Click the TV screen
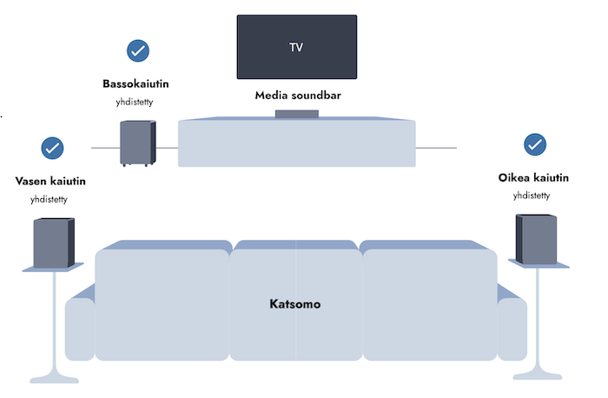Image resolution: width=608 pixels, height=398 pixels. pyautogui.click(x=297, y=46)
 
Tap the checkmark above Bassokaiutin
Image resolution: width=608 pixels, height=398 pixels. pyautogui.click(x=137, y=50)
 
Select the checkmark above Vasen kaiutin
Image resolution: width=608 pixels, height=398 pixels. pyautogui.click(x=52, y=148)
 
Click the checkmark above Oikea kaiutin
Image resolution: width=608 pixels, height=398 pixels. pyautogui.click(x=535, y=144)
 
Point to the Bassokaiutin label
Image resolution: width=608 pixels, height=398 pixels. pyautogui.click(x=137, y=84)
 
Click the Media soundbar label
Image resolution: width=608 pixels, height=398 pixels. pyautogui.click(x=298, y=95)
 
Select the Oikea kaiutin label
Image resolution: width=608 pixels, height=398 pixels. pyautogui.click(x=533, y=178)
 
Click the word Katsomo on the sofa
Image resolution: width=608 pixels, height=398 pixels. pyautogui.click(x=296, y=305)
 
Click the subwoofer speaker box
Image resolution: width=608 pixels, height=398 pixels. pyautogui.click(x=137, y=143)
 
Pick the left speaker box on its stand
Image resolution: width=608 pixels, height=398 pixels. pyautogui.click(x=54, y=242)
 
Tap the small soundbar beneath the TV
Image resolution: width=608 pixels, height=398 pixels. pyautogui.click(x=296, y=114)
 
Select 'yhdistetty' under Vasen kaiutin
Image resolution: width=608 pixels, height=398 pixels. pyautogui.click(x=50, y=199)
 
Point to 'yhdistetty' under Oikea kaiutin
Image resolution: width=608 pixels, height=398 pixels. pyautogui.click(x=532, y=196)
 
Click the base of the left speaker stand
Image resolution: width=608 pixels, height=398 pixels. pyautogui.click(x=54, y=375)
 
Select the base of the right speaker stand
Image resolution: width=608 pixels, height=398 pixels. pyautogui.click(x=538, y=373)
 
